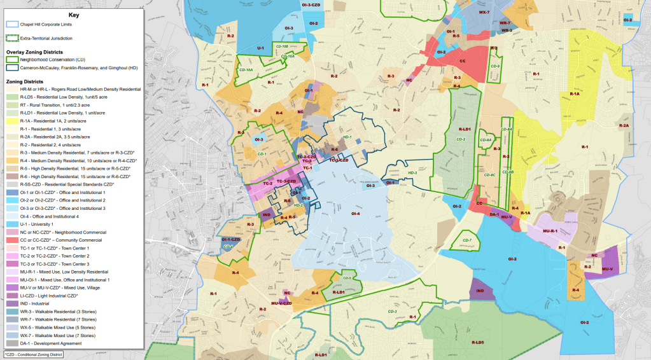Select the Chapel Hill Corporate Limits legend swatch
[x=12, y=24]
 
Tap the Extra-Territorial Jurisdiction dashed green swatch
[x=12, y=38]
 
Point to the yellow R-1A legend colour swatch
[x=12, y=120]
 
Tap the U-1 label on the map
[x=260, y=48]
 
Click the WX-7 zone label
[x=484, y=12]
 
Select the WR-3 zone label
[x=507, y=30]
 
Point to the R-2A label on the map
[x=624, y=125]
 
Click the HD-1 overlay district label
[x=347, y=137]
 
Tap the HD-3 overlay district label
[x=412, y=173]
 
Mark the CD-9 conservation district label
[x=495, y=66]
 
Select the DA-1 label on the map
[x=493, y=214]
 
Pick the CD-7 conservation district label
[x=467, y=240]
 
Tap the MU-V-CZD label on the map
[x=281, y=303]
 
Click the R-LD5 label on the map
[x=478, y=342]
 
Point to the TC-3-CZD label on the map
[x=286, y=182]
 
